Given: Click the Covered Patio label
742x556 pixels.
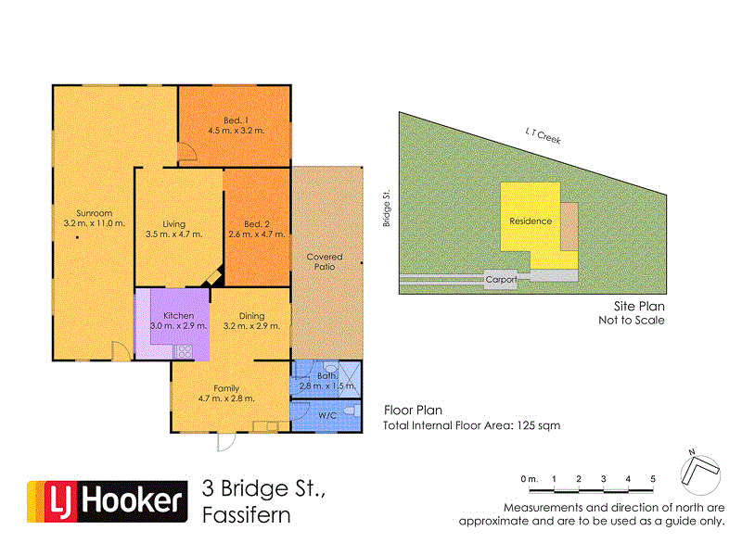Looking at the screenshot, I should [x=325, y=261].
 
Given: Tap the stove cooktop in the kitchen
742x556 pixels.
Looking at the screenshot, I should [x=183, y=350].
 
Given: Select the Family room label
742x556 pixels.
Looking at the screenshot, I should [x=226, y=388].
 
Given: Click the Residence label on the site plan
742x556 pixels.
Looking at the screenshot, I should [x=531, y=221].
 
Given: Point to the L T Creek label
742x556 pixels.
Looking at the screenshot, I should [x=543, y=134].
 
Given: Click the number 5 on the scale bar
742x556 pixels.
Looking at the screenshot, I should [x=653, y=478].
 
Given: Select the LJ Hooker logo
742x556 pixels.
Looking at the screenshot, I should [x=104, y=502].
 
